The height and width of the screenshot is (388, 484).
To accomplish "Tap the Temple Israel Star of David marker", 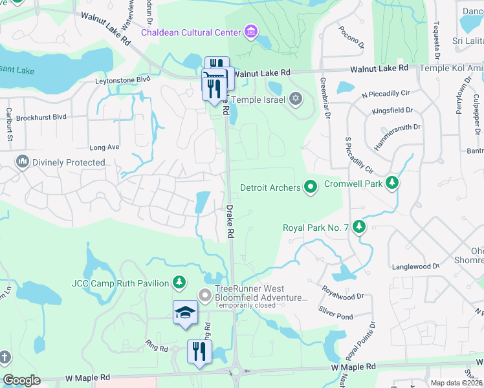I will tap(296, 99).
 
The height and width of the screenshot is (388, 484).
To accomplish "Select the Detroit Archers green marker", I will tap(311, 188).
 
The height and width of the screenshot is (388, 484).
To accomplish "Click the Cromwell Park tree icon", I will tap(391, 183).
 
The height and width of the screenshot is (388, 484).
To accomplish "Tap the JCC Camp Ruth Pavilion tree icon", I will tap(179, 283).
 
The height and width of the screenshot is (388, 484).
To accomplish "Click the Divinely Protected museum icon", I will tap(23, 162).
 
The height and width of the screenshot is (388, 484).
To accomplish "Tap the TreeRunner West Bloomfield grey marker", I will tap(206, 297).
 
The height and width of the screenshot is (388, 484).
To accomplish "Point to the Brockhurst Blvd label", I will tap(42, 117).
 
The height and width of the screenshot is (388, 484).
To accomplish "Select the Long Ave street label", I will tap(104, 147).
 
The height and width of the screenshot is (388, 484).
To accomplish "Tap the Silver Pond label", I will tap(335, 316).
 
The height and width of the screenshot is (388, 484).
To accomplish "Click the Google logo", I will tap(22, 380).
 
